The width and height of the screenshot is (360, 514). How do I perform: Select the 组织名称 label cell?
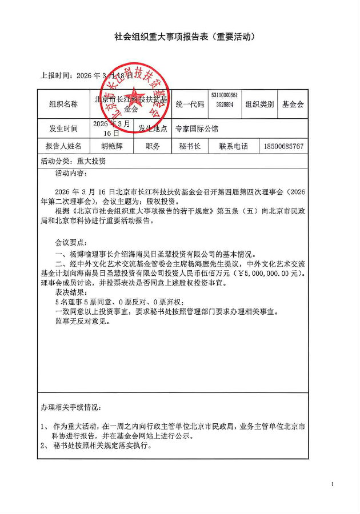pos(63,105)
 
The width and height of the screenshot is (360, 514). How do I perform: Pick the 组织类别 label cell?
pos(259,105)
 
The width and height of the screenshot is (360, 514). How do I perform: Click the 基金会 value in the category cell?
pos(293,105)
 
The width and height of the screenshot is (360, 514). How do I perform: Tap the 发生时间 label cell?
pos(63,128)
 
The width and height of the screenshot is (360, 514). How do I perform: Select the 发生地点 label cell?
pos(153,128)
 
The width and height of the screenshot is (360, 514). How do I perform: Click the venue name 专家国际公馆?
pos(197,129)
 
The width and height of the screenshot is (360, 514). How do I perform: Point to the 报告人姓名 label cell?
pos(63,146)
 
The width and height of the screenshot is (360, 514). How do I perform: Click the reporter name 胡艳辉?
pos(111,146)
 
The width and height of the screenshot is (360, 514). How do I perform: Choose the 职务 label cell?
pos(153,146)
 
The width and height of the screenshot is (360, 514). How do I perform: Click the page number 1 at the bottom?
pos(332,484)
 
